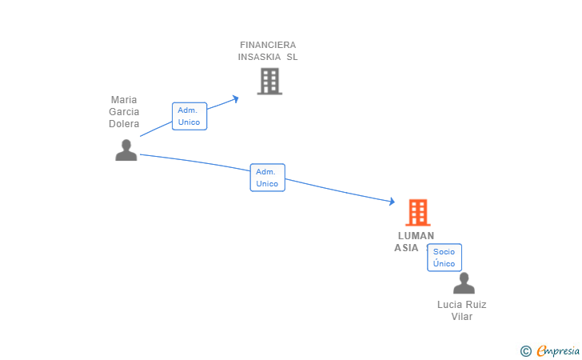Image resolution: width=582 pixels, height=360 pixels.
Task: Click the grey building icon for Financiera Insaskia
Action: [x=269, y=81]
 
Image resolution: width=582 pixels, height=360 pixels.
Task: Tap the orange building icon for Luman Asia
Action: [x=417, y=213]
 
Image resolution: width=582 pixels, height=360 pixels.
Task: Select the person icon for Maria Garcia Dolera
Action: [x=126, y=150]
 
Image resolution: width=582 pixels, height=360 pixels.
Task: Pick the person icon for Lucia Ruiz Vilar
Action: [x=464, y=283]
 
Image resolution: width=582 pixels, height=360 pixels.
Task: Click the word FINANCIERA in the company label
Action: [x=268, y=45]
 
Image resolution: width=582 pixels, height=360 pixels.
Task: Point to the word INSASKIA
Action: [x=260, y=57]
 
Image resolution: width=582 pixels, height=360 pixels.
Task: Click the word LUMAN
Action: [x=416, y=236]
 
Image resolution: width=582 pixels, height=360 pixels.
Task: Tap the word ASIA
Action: [x=406, y=248]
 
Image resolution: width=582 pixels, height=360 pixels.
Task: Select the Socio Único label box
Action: [x=444, y=258]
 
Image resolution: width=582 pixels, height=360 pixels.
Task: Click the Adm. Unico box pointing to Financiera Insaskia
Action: [x=189, y=116]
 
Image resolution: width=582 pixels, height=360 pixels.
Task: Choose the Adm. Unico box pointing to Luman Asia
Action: [x=267, y=178]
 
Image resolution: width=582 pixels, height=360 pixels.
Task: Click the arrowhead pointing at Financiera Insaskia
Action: [x=235, y=98]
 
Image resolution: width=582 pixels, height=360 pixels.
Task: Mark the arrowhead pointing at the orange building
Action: [x=392, y=202]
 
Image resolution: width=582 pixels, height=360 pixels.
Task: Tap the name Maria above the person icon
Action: [x=124, y=100]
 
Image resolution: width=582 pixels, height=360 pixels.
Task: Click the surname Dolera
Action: [x=124, y=124]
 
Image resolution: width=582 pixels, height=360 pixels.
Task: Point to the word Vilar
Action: [x=462, y=316]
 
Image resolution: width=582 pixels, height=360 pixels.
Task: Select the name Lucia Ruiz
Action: [x=462, y=304]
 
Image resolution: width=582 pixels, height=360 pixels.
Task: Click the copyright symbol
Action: [x=525, y=350]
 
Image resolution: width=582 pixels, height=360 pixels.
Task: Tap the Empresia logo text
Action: [x=559, y=350]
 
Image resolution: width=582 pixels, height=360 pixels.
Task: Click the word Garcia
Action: [x=124, y=112]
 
